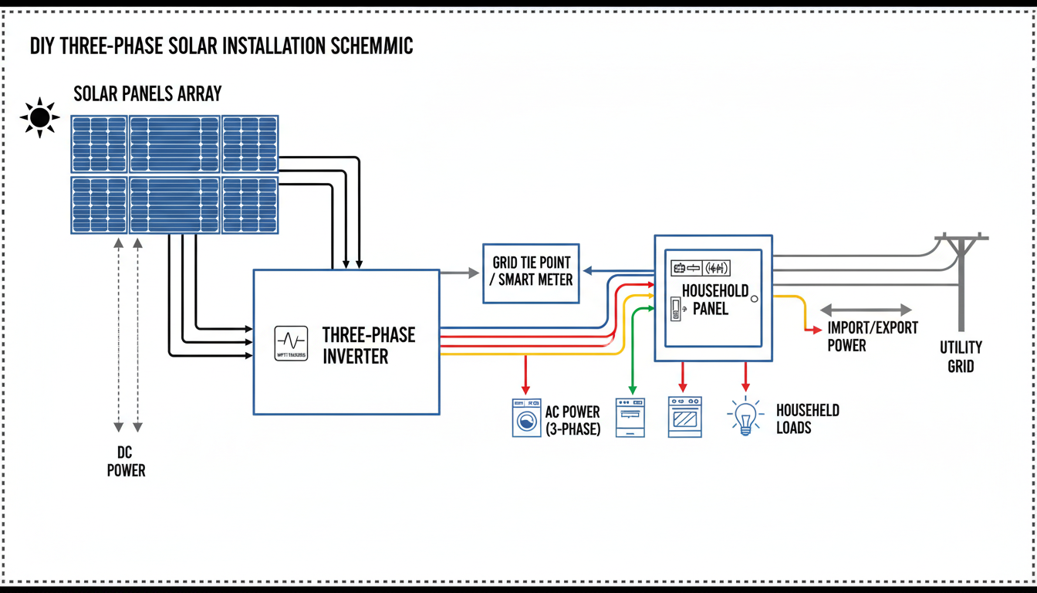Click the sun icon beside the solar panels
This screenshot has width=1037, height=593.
39,118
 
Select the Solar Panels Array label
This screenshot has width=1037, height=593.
147,94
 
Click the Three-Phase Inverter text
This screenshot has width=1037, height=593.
368,346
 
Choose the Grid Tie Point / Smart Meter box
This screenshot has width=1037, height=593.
531,273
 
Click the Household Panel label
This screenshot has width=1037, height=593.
714,300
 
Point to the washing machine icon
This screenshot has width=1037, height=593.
526,418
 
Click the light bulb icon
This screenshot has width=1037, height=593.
745,418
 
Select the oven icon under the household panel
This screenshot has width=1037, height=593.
684,418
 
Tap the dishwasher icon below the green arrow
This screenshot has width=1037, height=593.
630,418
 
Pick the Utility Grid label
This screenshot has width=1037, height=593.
961,356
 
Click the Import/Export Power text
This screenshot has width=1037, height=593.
872,336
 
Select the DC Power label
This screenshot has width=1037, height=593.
126,462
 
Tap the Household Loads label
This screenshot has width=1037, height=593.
807,418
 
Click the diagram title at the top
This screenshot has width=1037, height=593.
221,46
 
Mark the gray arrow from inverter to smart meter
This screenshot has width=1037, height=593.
460,273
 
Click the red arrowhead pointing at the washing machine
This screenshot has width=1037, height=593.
526,388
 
